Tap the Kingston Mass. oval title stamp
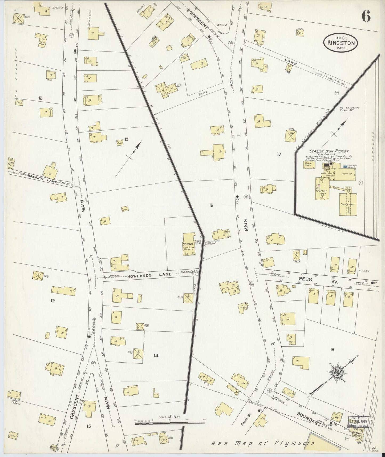click(341, 43)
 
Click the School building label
click(188, 244)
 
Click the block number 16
click(211, 205)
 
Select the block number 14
click(156, 355)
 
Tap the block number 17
click(279, 154)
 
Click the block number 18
click(332, 349)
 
